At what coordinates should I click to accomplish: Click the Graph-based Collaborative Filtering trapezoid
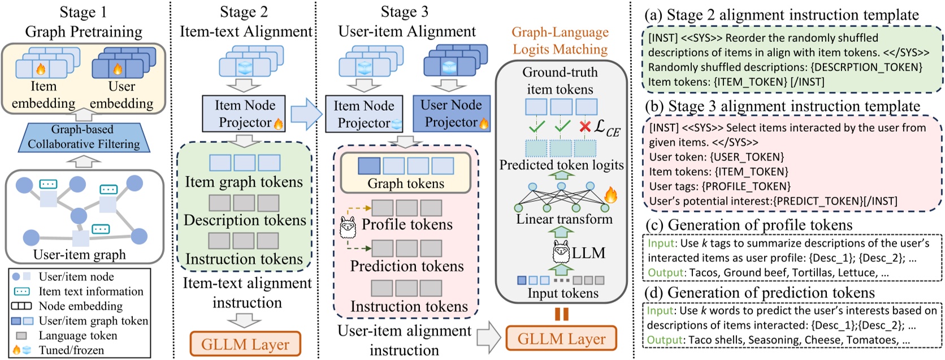click(x=83, y=137)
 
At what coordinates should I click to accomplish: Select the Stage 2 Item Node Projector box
click(x=244, y=114)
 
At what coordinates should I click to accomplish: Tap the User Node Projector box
click(x=451, y=114)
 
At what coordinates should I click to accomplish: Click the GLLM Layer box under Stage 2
click(x=245, y=344)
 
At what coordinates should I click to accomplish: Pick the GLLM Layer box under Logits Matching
click(x=561, y=339)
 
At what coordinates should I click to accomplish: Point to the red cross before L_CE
click(x=585, y=127)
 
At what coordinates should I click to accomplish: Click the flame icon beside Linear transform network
click(x=610, y=196)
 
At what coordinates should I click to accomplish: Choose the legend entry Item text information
click(x=90, y=292)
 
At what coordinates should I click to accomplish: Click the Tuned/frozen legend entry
click(x=71, y=350)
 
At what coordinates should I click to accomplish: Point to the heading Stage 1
click(x=83, y=12)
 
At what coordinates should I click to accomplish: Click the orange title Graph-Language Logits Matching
click(x=560, y=41)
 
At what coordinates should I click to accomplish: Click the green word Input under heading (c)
click(x=661, y=244)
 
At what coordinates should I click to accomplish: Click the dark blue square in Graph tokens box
click(x=369, y=166)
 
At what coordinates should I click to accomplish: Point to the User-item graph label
click(x=79, y=255)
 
